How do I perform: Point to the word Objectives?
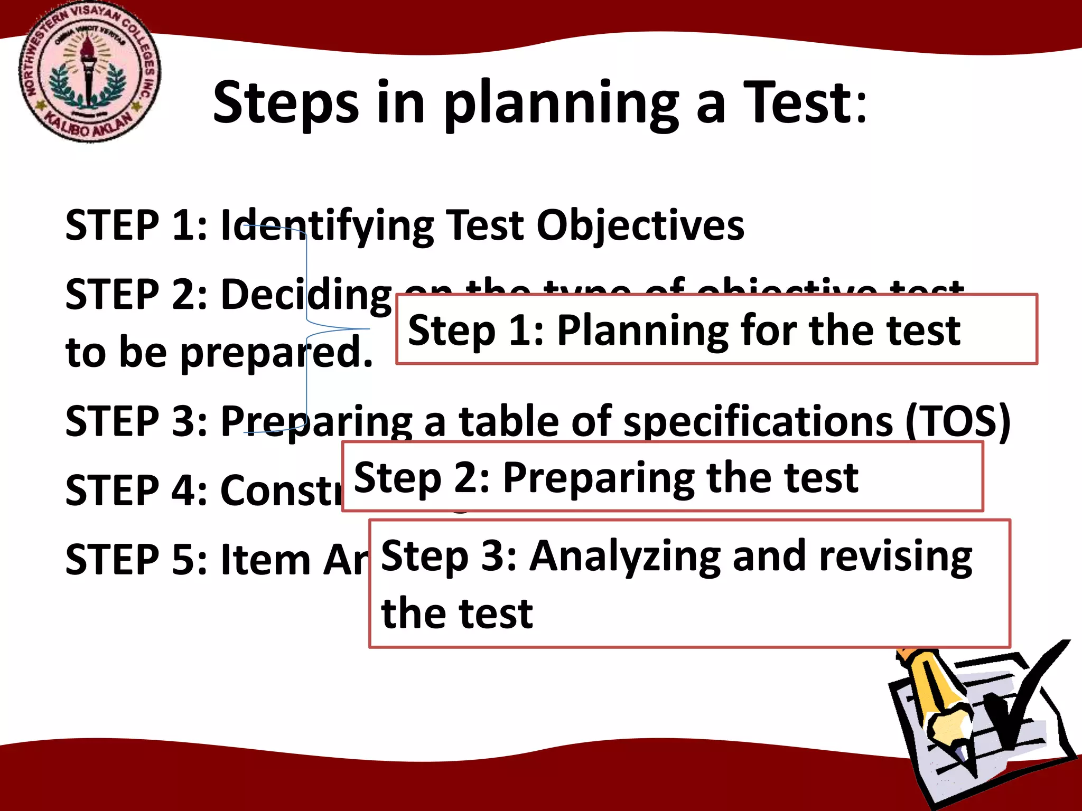640,226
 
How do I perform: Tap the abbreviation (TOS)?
957,421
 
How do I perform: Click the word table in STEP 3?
508,420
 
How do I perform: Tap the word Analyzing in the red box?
625,557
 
